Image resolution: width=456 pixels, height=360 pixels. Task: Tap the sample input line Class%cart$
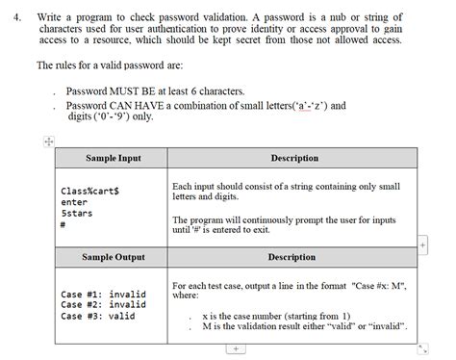click(89, 191)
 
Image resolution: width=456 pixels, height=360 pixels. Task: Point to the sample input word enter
click(74, 202)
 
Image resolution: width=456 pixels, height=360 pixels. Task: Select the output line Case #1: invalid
click(103, 293)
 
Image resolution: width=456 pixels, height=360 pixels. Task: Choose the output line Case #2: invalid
click(103, 304)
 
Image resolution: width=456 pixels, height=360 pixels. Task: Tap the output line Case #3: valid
click(97, 316)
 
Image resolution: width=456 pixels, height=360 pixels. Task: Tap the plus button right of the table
click(423, 244)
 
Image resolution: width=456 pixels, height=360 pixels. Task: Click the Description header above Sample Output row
click(291, 257)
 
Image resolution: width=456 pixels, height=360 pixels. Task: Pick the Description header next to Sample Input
click(294, 158)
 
